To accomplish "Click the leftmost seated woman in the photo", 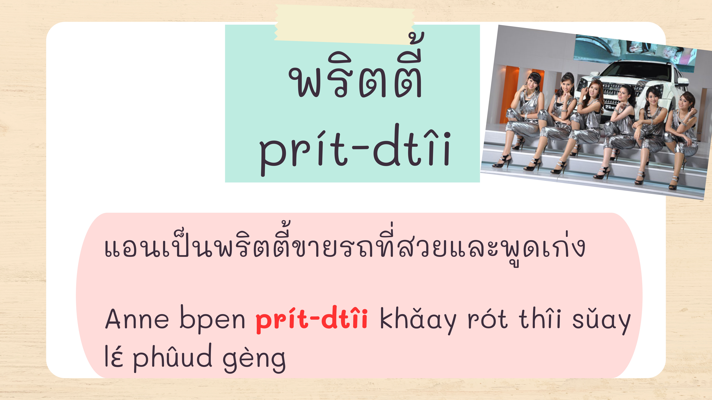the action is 522,119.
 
